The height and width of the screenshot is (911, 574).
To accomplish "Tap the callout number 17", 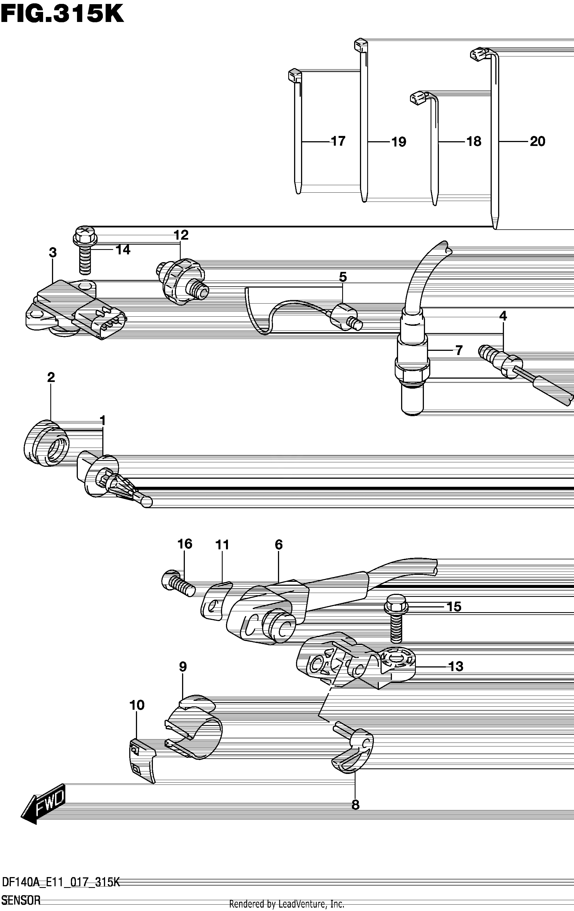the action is click(338, 141).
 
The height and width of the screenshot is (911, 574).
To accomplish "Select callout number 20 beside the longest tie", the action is click(537, 142).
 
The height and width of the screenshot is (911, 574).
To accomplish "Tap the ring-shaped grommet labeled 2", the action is click(46, 443).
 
